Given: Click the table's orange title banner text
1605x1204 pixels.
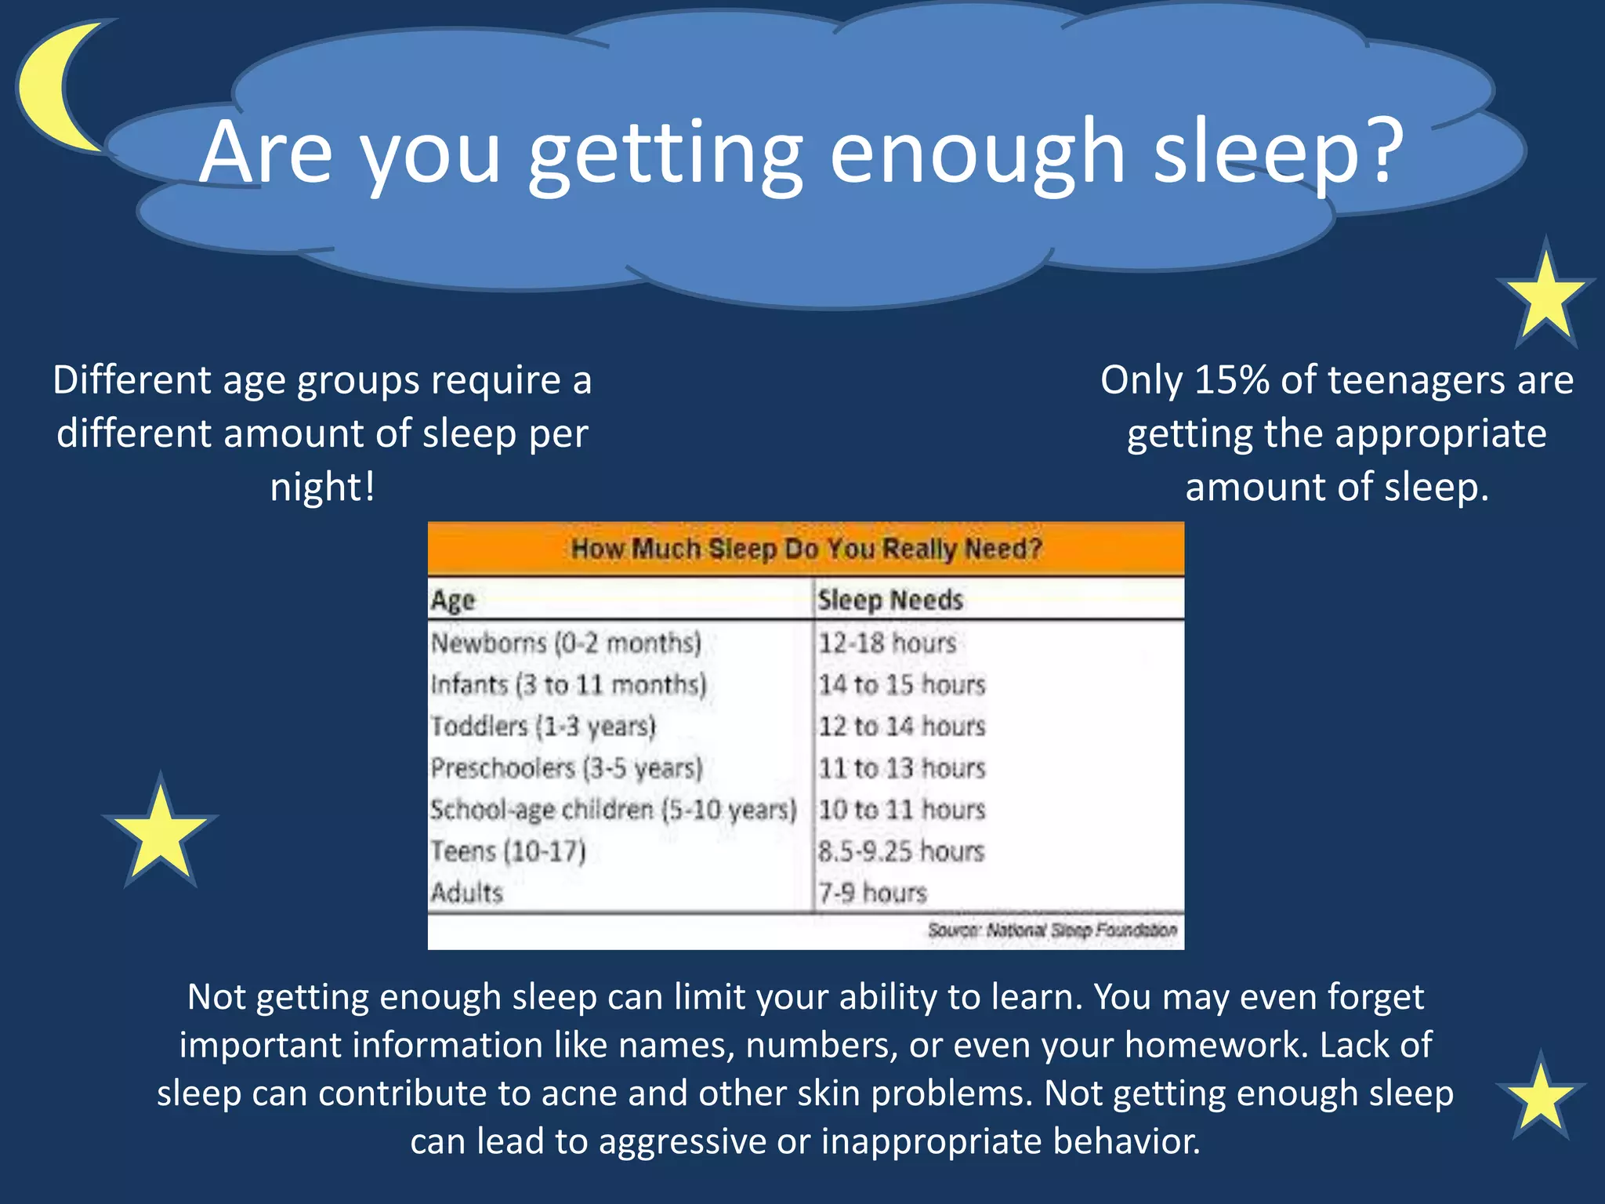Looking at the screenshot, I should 806,549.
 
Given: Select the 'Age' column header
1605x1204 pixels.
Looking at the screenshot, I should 453,600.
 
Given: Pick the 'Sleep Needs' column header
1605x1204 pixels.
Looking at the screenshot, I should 889,600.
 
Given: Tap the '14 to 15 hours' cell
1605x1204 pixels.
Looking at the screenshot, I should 901,685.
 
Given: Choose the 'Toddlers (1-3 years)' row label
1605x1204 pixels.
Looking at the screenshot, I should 543,727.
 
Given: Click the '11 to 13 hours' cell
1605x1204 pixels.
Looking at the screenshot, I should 901,768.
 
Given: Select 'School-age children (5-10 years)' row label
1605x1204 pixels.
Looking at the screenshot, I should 613,810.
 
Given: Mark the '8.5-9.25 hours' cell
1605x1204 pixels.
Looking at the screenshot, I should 900,851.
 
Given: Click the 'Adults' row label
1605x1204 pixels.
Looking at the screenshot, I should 467,893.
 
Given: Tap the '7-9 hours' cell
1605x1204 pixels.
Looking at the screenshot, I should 872,893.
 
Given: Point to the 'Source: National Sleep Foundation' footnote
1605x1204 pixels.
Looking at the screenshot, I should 1052,930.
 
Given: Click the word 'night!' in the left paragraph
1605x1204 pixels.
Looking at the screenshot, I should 323,487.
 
